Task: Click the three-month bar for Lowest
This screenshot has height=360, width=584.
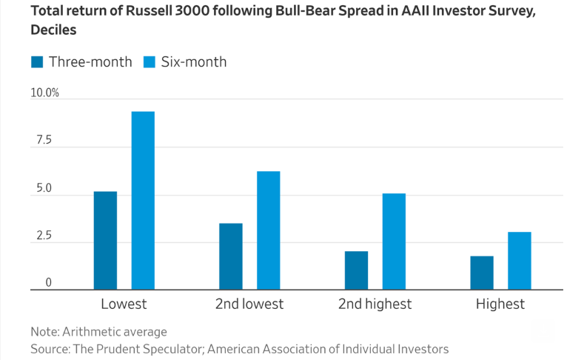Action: click(x=105, y=240)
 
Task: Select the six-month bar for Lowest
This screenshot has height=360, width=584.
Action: click(x=143, y=200)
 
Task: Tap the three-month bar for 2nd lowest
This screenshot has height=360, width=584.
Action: click(x=230, y=256)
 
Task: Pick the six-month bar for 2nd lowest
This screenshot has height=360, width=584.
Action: click(x=268, y=230)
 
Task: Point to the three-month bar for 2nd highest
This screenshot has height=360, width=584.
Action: click(x=356, y=270)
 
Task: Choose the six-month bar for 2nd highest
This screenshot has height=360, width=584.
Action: click(x=394, y=241)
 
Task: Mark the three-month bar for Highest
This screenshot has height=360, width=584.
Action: click(x=482, y=272)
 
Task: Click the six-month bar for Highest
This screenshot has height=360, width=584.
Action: click(x=519, y=260)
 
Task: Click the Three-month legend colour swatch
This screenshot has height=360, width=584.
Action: click(x=37, y=62)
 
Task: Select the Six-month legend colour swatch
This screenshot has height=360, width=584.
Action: click(x=148, y=62)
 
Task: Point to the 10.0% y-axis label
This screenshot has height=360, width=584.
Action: click(x=44, y=93)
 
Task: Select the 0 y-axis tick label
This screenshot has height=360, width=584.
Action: click(x=49, y=283)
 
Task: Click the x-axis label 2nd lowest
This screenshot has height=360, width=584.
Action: click(x=249, y=304)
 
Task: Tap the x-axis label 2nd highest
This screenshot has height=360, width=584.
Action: click(x=375, y=304)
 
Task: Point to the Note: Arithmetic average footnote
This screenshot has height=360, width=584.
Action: click(x=98, y=331)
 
